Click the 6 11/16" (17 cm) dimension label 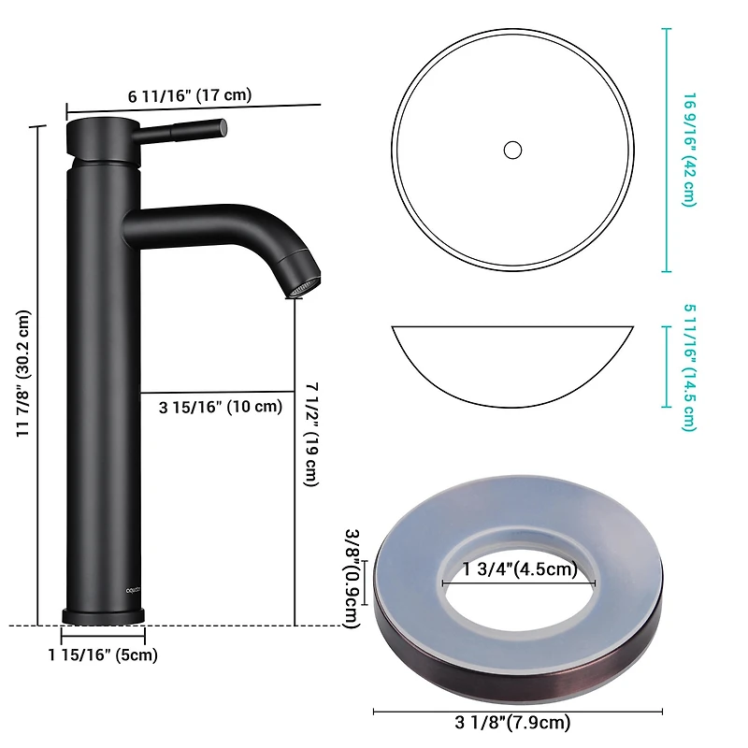pos(190,95)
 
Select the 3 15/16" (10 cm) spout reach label pos(221,406)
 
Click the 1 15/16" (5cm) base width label pos(103,654)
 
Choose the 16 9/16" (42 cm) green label pos(690,150)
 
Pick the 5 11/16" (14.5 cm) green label pos(690,367)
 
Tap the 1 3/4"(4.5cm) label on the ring pos(520,568)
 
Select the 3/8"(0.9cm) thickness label pos(352,578)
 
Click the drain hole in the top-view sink pos(511,149)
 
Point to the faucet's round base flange pos(104,615)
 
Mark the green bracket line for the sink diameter pos(666,150)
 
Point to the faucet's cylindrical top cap pos(103,136)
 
